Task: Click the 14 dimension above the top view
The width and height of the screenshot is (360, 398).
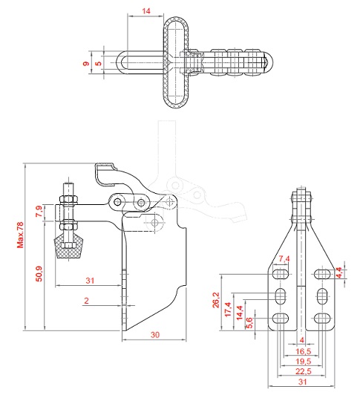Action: (x=146, y=11)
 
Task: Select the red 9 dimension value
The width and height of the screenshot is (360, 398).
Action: (x=86, y=63)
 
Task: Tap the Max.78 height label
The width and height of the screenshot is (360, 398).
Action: (x=20, y=235)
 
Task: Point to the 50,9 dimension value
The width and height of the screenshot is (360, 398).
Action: (x=39, y=274)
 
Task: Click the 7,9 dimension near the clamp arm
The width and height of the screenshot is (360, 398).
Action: (x=39, y=211)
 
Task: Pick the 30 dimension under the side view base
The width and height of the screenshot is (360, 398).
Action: (x=155, y=335)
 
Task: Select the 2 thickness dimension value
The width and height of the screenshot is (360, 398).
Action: (x=87, y=301)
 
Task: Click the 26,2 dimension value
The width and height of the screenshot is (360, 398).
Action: (x=216, y=300)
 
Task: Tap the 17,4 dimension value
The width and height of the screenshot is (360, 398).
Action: (x=228, y=310)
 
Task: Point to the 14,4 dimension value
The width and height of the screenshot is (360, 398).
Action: (x=240, y=313)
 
